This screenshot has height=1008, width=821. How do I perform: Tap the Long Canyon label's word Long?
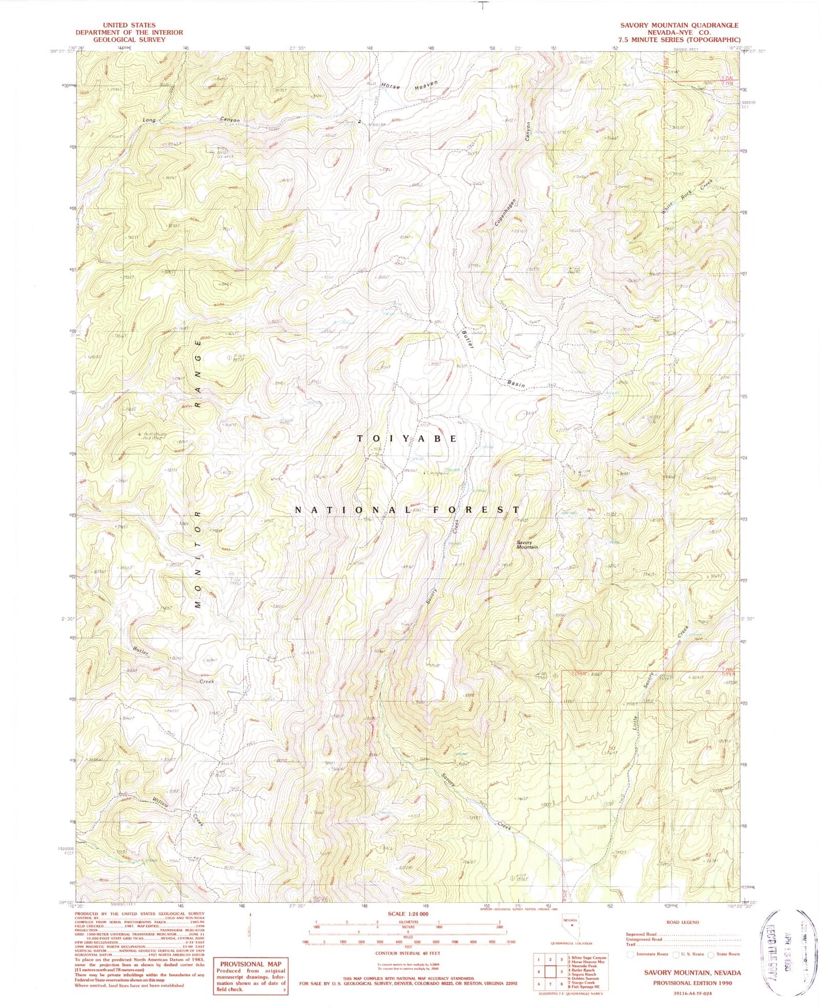[x=149, y=120]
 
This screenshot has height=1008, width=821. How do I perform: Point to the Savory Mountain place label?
[x=527, y=544]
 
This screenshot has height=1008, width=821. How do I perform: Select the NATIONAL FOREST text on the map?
[x=407, y=510]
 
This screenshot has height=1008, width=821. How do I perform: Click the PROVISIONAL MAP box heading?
[x=251, y=964]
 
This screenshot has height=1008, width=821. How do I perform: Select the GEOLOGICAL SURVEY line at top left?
[x=130, y=40]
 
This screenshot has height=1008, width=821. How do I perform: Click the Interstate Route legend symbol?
[x=630, y=955]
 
